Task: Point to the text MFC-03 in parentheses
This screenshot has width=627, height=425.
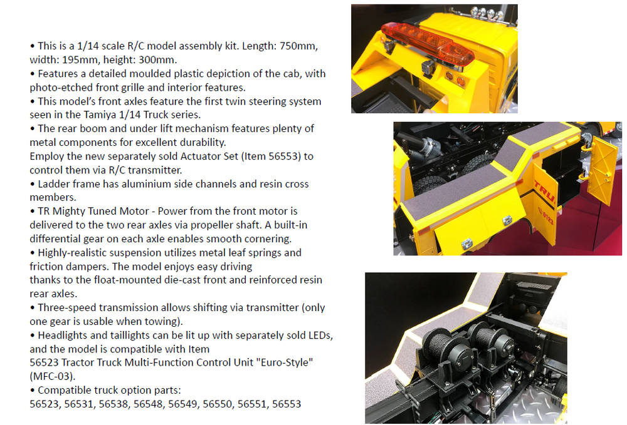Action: pos(53,376)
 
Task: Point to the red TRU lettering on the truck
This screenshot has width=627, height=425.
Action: pos(545,191)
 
